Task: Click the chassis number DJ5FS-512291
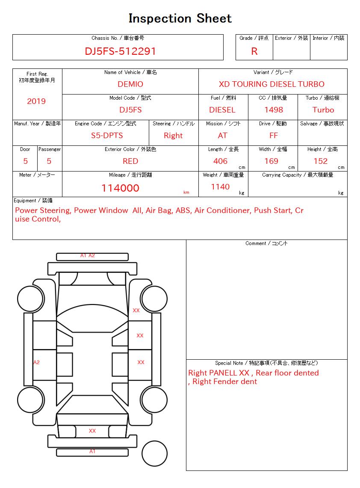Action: coord(120,51)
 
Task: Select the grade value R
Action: coord(254,51)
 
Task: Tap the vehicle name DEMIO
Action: coord(130,84)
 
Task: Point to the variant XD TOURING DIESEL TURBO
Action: coord(271,84)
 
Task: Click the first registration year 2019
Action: coord(36,101)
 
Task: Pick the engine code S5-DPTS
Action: coord(107,136)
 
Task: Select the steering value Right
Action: coord(173,136)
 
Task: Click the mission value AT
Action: coord(223,136)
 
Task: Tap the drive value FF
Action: coord(274,136)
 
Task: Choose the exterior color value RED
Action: coord(130,161)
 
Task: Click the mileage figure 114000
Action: coord(120,188)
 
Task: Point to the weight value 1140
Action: coord(220,187)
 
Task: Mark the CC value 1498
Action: coord(274,110)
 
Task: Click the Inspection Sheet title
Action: coord(180,18)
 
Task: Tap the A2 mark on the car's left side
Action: coord(36,362)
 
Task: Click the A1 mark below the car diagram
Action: coord(92,451)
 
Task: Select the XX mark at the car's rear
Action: coord(92,431)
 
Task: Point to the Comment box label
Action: coord(266,243)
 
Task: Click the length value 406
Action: coord(221,161)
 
